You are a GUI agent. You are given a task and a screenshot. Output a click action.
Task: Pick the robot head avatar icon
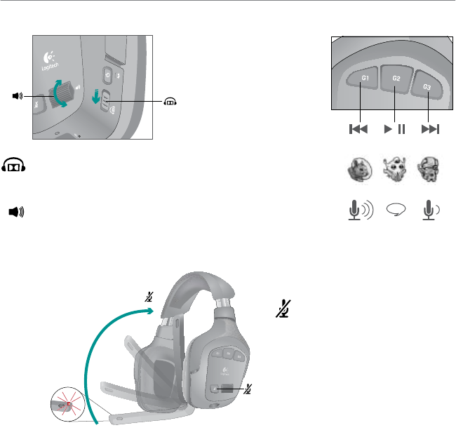click(430, 169)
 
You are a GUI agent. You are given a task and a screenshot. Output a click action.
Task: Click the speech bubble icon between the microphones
click(396, 210)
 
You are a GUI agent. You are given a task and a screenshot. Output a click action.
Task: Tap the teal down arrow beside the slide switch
click(96, 96)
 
